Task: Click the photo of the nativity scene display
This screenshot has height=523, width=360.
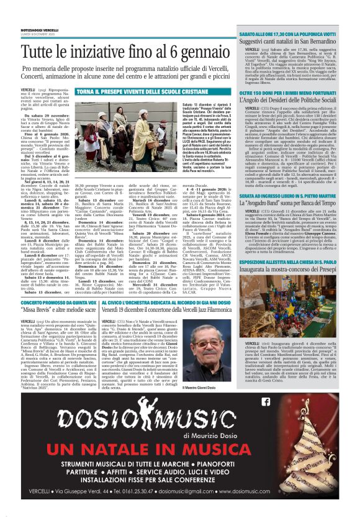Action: click(294, 299)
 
